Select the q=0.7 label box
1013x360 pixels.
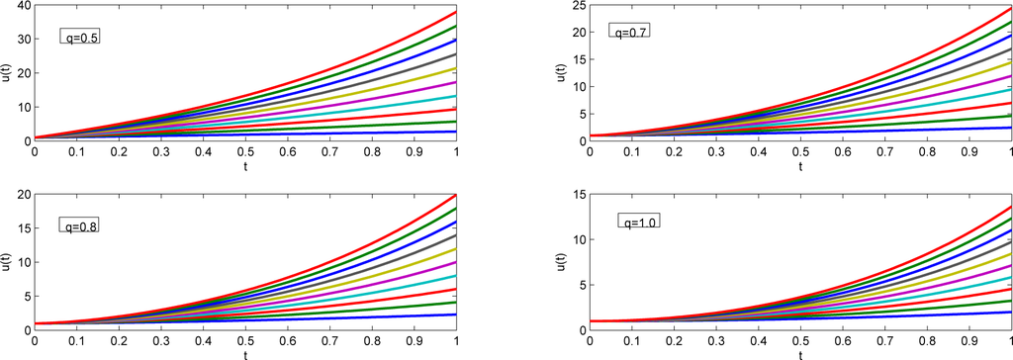click(x=628, y=32)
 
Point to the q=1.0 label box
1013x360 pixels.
click(x=638, y=221)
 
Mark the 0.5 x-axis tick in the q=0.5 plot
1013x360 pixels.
click(x=245, y=152)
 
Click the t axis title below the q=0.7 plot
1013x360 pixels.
click(x=799, y=165)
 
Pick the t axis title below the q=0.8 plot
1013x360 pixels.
click(x=245, y=353)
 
